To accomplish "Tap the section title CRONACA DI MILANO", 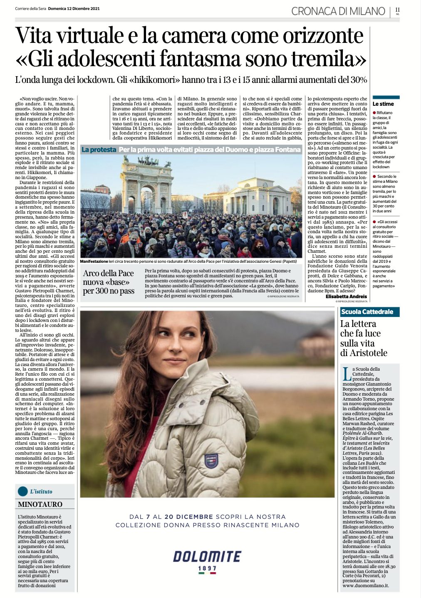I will [338, 11].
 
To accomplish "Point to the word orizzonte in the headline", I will [323, 35].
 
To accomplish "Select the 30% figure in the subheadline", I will [358, 80].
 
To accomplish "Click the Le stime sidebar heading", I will [383, 104].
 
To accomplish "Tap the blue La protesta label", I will [99, 149].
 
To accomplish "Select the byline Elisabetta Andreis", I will [346, 297].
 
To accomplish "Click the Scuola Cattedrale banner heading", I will [367, 312].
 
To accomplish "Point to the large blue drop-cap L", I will [347, 374].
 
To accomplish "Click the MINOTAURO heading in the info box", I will [40, 504].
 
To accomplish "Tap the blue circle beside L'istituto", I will [23, 491].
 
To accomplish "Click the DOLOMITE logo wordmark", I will [207, 556].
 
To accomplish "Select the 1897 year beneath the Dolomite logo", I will [207, 568].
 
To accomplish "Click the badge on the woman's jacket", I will [211, 460].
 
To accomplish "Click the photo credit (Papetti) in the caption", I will [290, 261].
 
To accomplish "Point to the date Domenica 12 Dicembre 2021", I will [74, 9].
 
